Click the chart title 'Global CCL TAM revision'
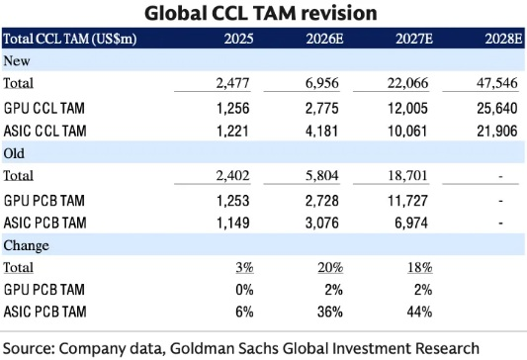click(x=261, y=14)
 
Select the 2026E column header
click(x=324, y=39)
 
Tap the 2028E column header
click(x=504, y=39)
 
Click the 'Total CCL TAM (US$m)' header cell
click(x=70, y=39)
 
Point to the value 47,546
click(x=497, y=83)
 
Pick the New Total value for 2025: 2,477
click(x=233, y=83)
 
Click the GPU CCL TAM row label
click(x=44, y=108)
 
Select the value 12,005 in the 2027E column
click(x=407, y=108)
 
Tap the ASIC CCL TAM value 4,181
click(x=321, y=131)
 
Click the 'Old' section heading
click(x=14, y=153)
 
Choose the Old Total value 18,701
click(x=407, y=175)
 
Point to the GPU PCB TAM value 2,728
click(x=322, y=201)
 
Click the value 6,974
click(x=411, y=223)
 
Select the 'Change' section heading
click(x=27, y=245)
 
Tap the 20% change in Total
click(x=330, y=268)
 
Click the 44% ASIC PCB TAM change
click(x=419, y=312)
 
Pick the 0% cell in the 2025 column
click(x=244, y=290)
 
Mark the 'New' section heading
click(x=17, y=61)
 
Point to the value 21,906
click(x=497, y=131)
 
